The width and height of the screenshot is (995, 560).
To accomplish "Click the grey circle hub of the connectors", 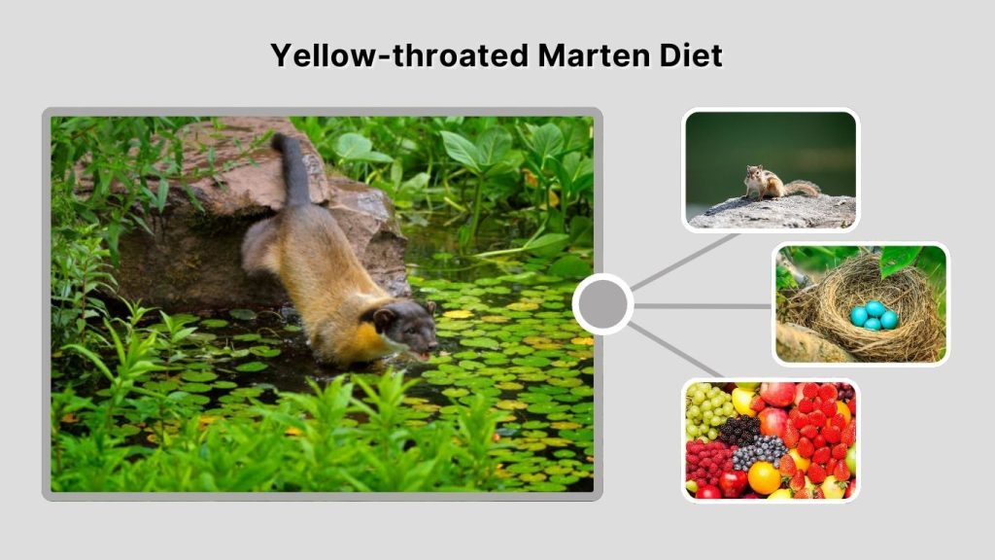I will [602, 304].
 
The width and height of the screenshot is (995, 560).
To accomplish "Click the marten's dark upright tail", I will [292, 170].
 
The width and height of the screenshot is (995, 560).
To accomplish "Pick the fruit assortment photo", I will [771, 439].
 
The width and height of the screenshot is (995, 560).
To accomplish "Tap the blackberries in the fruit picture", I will [740, 428].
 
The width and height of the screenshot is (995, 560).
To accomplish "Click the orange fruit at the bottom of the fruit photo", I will [764, 477].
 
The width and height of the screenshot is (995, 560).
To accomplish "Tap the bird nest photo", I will [861, 304].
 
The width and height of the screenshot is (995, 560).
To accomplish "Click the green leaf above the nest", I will [898, 258].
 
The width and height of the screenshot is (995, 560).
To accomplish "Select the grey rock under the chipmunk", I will [777, 212].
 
